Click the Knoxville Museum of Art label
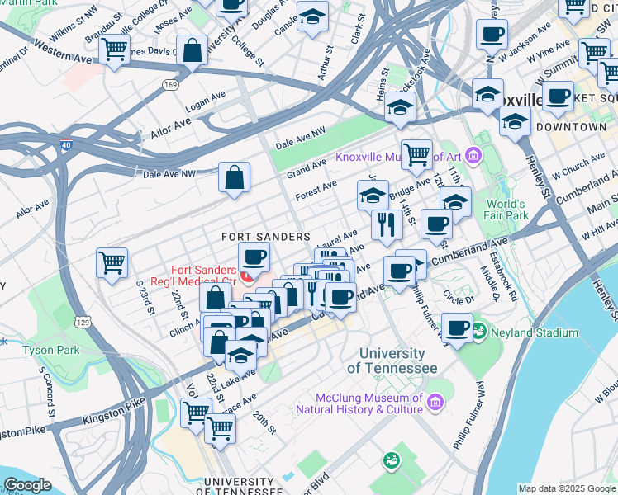398,157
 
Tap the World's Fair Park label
506,210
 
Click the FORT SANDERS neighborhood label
265,237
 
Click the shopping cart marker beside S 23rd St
112,263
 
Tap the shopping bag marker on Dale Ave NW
235,177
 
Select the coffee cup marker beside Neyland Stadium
457,328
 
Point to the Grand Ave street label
307,168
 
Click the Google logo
26,485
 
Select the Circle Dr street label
459,296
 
